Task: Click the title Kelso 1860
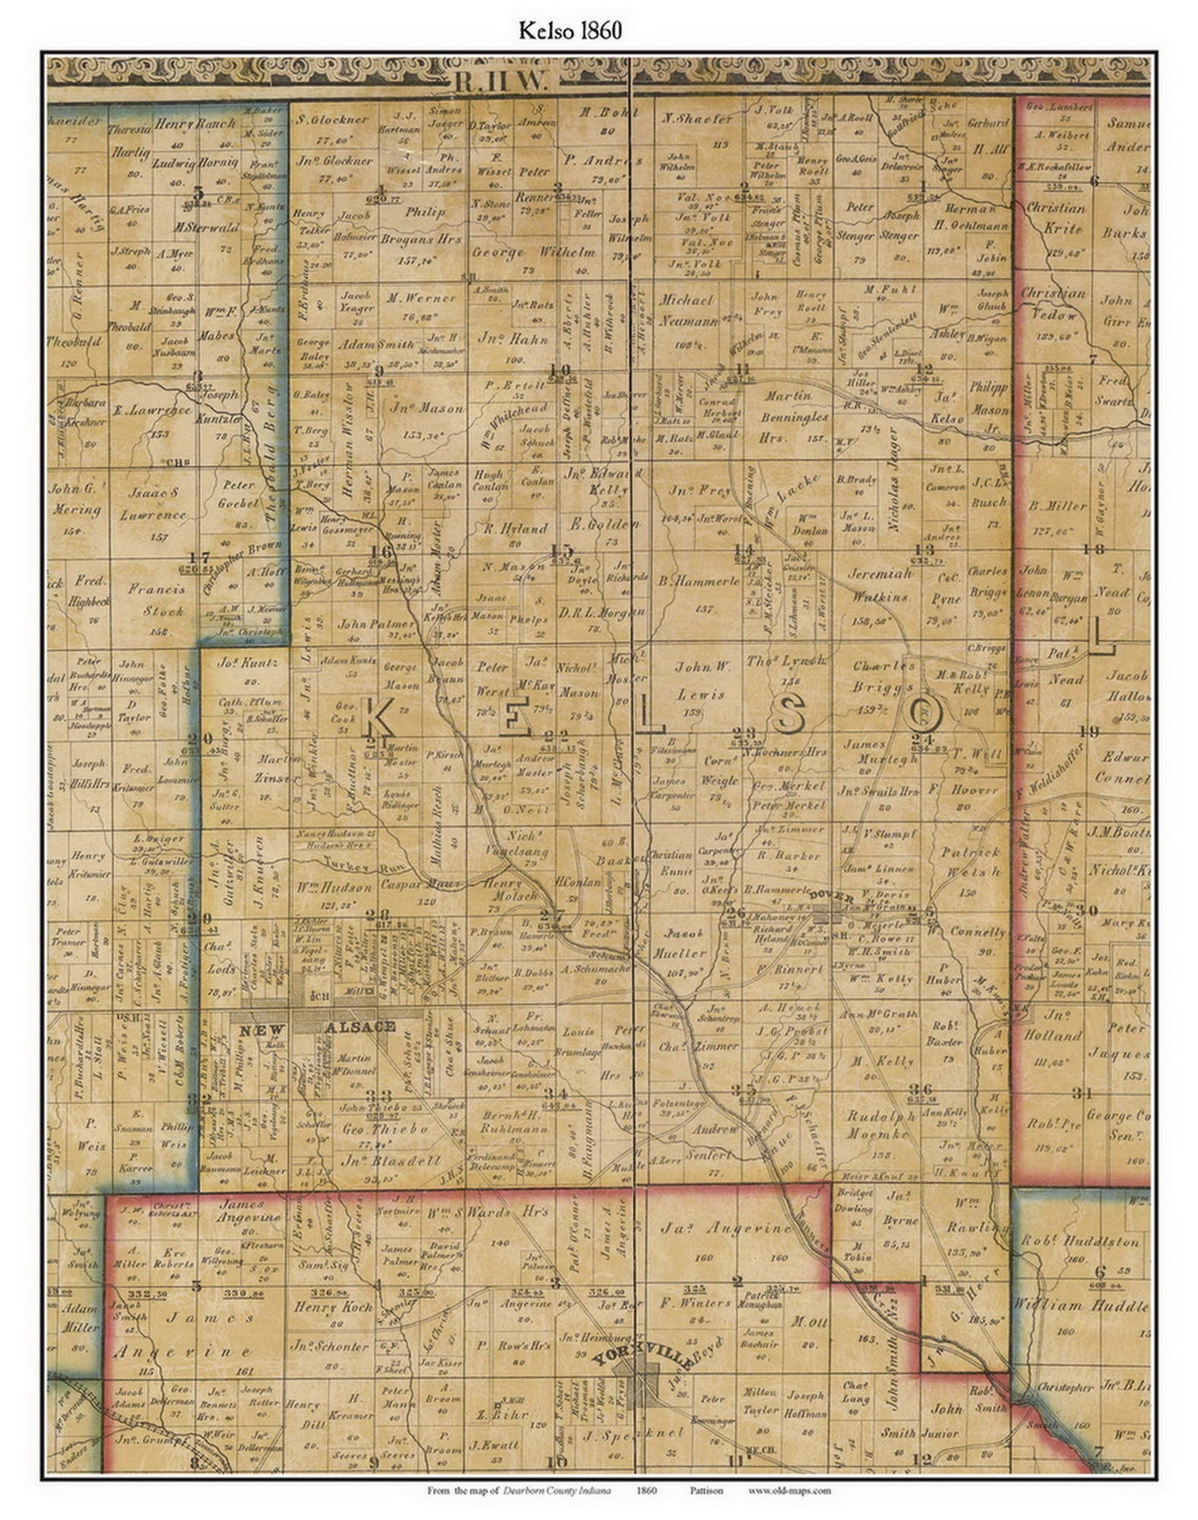coord(570,31)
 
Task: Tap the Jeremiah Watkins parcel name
coord(882,584)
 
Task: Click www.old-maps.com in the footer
coord(789,1490)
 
